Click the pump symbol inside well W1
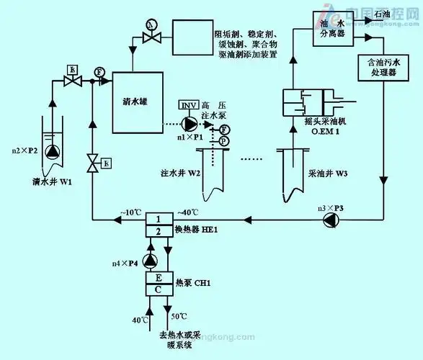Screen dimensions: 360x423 click(x=52, y=152)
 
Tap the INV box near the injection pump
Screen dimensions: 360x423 click(x=187, y=105)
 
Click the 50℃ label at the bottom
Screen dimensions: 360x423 click(x=178, y=318)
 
